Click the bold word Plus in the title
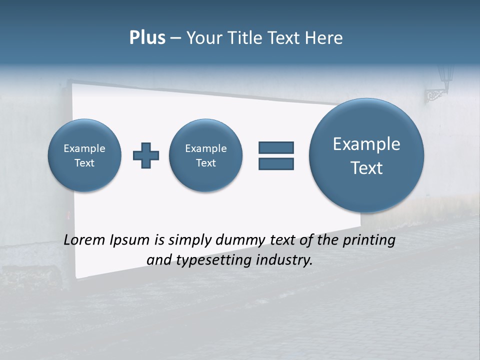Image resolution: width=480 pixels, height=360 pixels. [147, 38]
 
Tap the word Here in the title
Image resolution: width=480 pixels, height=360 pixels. [325, 38]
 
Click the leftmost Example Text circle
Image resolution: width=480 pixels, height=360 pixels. [84, 155]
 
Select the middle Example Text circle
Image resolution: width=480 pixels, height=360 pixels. [205, 155]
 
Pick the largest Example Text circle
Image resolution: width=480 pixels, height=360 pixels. [366, 155]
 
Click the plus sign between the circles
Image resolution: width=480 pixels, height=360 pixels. [146, 155]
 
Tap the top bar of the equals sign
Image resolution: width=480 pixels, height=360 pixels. [276, 147]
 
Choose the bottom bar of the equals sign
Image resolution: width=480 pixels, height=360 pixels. [276, 163]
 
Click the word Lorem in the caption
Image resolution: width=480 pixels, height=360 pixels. [85, 240]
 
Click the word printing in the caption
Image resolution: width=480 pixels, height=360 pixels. [368, 240]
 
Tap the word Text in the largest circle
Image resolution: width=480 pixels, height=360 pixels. [366, 168]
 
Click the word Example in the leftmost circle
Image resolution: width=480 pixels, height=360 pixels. [84, 148]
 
